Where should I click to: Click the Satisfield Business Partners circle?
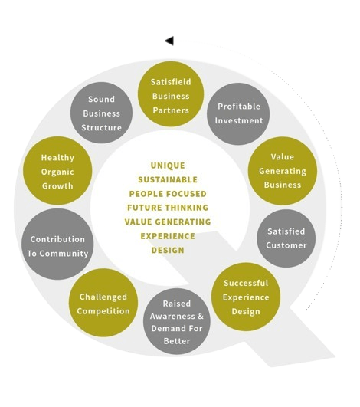tap(171, 94)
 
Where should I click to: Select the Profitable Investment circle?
tap(238, 113)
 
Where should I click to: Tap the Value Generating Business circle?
tap(283, 171)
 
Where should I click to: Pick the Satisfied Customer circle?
tap(286, 238)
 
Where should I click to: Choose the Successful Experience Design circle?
tap(246, 297)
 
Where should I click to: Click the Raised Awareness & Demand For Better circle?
tap(177, 321)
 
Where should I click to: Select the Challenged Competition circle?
tap(103, 303)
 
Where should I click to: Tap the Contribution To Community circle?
tap(57, 244)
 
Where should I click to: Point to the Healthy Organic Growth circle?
tap(57, 171)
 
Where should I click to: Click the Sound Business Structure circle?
tap(101, 113)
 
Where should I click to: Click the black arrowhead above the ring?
tap(169, 41)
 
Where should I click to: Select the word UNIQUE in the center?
tap(168, 166)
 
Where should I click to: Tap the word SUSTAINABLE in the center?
tap(168, 179)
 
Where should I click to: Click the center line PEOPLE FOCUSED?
tap(168, 194)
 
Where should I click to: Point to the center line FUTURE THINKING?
tap(168, 208)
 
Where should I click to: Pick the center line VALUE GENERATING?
tap(168, 222)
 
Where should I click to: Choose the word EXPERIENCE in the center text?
tap(168, 236)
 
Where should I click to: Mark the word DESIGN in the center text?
tap(168, 250)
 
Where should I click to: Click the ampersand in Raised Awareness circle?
tap(201, 316)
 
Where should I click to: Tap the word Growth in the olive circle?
tap(57, 186)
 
